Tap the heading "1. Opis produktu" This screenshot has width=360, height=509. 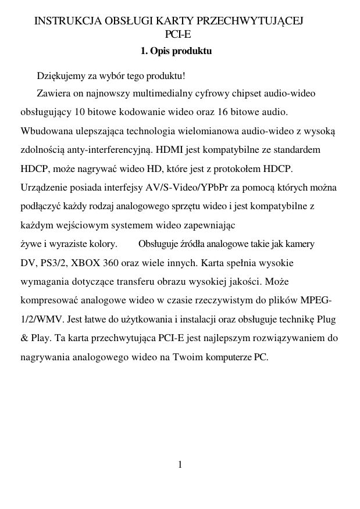pyautogui.click(x=176, y=51)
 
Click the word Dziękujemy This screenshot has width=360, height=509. pyautogui.click(x=60, y=76)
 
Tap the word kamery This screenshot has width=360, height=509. pyautogui.click(x=301, y=244)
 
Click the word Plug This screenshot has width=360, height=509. pyautogui.click(x=327, y=319)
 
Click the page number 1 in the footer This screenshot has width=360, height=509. pyautogui.click(x=180, y=464)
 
